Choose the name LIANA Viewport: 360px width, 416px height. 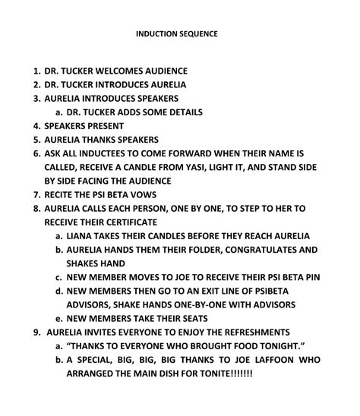pos(81,236)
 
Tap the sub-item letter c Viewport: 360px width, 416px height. pos(58,277)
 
